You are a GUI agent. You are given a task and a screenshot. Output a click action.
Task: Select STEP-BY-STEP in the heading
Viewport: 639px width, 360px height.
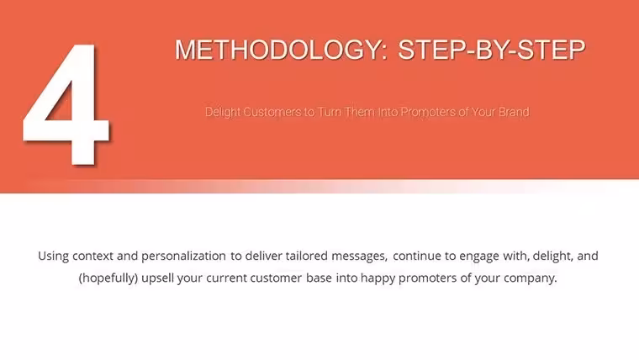click(492, 50)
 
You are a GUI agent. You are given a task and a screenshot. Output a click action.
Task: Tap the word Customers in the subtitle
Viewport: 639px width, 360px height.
click(272, 112)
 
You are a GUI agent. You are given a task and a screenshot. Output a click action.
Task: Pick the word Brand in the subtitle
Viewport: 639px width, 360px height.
click(514, 112)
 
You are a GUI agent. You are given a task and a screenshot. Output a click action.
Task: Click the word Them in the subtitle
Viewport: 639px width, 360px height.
click(360, 112)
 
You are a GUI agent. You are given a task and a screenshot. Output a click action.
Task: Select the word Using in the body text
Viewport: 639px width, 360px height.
click(53, 257)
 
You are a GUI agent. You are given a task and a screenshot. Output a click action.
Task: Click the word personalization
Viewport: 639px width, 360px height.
click(183, 257)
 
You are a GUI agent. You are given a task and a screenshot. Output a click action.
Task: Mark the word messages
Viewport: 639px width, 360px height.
click(360, 257)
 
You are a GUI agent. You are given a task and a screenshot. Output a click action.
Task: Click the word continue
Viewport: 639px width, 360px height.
click(417, 256)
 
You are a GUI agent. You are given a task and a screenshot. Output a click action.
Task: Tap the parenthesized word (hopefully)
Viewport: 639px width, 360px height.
click(108, 278)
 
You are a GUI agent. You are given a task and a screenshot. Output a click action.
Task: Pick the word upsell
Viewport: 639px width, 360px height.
click(158, 278)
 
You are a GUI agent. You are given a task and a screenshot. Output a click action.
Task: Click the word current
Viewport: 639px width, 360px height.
click(226, 278)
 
